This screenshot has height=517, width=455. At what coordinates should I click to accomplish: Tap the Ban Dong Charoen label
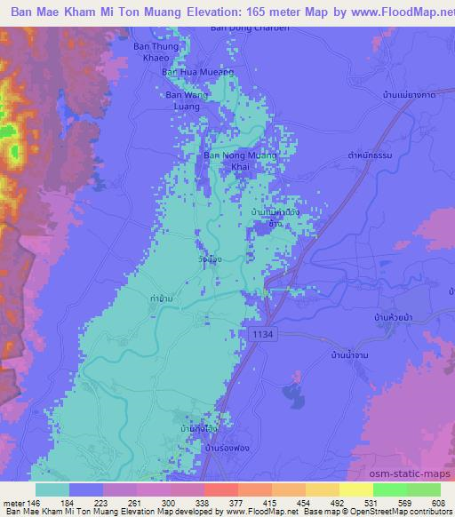point(238,28)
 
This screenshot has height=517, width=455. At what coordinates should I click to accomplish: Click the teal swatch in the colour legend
point(52,489)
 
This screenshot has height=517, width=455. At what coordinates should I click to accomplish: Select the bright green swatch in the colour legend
point(391,489)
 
